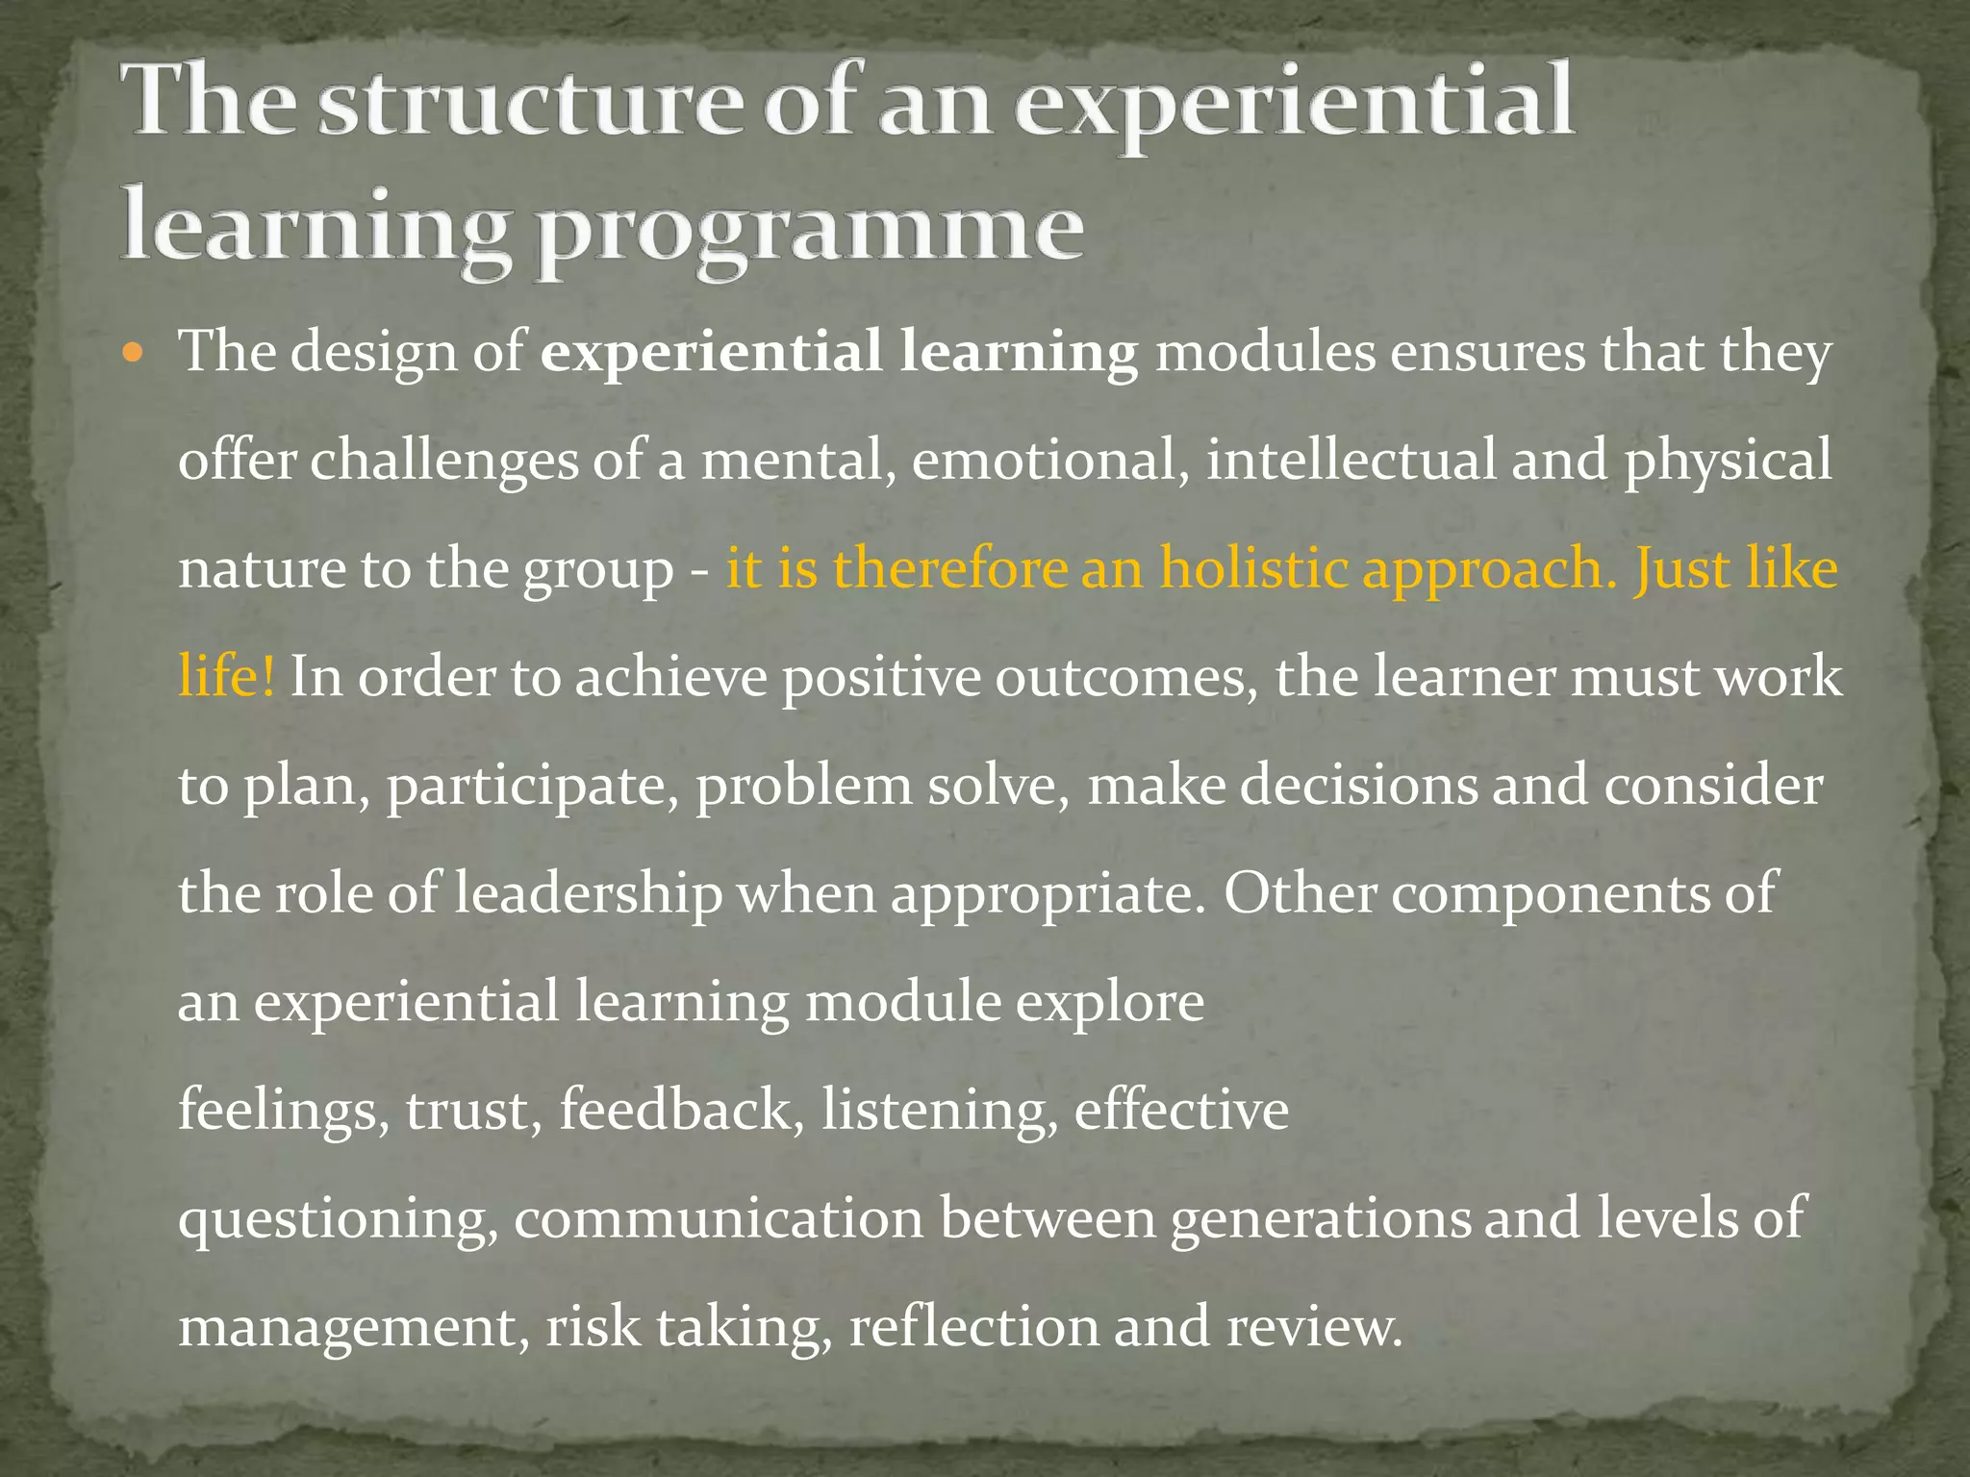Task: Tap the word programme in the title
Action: (810, 231)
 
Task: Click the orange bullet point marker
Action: (134, 352)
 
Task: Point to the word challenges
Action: (443, 461)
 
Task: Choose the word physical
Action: (1728, 461)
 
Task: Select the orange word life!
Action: (227, 676)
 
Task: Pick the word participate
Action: (533, 787)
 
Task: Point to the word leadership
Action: (587, 893)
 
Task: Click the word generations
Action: (1320, 1218)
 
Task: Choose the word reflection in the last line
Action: (973, 1327)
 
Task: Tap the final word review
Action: (1314, 1327)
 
